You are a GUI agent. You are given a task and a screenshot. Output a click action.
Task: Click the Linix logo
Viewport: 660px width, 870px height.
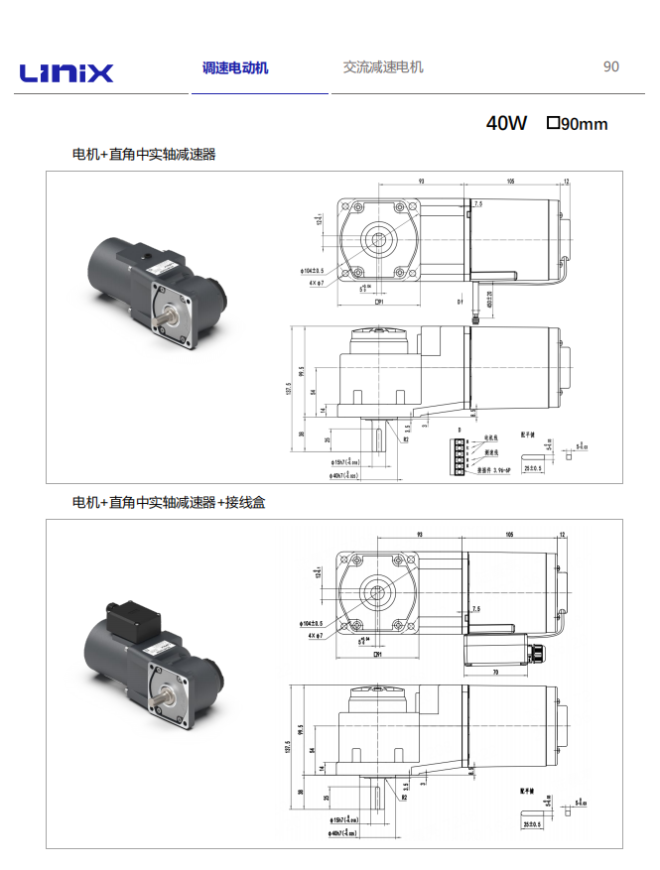point(66,72)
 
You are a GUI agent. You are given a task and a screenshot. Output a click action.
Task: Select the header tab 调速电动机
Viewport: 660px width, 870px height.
point(235,67)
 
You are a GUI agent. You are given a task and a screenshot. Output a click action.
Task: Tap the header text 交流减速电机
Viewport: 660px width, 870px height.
point(383,66)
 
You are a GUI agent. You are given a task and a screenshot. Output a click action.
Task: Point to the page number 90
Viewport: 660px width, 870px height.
point(611,66)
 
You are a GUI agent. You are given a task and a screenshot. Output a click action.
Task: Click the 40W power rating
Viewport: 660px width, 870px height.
point(506,123)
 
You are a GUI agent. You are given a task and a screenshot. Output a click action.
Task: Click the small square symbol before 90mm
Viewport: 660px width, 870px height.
point(553,123)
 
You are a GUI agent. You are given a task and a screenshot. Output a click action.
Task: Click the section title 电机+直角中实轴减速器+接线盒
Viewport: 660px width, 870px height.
point(169,502)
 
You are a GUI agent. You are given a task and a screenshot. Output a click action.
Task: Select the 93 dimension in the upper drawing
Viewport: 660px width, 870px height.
point(421,182)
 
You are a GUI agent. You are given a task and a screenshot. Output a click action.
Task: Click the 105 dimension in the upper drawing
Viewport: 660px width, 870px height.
point(510,182)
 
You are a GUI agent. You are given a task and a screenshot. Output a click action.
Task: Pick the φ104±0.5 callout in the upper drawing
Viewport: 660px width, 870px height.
point(317,270)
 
